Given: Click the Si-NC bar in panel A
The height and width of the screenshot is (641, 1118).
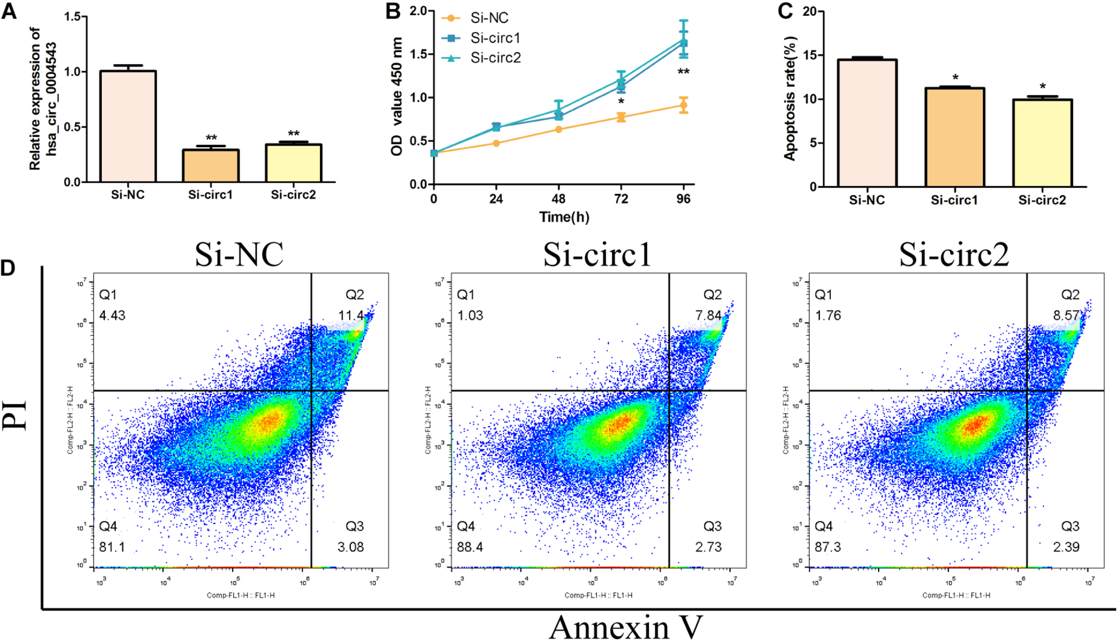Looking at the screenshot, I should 128,126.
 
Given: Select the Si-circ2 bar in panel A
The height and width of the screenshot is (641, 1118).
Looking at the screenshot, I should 293,163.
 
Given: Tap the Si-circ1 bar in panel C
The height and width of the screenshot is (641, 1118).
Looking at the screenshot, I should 954,137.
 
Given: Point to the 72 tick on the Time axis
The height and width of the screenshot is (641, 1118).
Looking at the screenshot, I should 621,198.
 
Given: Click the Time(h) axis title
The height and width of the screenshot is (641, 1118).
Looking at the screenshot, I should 564,217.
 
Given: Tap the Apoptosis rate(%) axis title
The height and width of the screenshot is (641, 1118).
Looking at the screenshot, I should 790,98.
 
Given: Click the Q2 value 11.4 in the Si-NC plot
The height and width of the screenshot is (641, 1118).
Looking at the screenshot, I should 351,316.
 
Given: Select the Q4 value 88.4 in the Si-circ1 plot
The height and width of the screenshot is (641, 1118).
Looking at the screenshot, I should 470,547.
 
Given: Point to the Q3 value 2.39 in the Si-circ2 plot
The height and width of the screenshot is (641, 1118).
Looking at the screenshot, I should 1066,547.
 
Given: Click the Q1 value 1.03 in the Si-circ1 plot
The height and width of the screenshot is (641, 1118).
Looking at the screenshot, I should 470,316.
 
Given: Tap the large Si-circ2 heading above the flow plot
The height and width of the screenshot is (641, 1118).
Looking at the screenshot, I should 954,255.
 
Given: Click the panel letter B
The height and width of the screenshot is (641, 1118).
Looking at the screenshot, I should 393,11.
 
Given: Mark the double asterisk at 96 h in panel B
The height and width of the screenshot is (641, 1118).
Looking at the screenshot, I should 683,72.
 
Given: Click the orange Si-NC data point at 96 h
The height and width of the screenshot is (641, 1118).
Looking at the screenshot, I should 683,105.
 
